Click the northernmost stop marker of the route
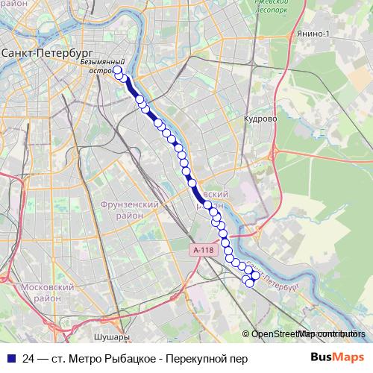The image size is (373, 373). point(117,71)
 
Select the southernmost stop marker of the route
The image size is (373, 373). point(250,282)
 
